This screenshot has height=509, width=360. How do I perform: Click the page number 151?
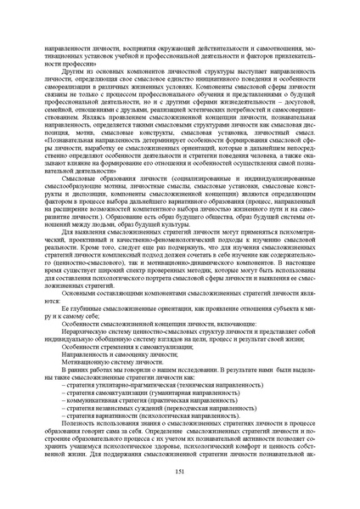coord(179,473)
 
